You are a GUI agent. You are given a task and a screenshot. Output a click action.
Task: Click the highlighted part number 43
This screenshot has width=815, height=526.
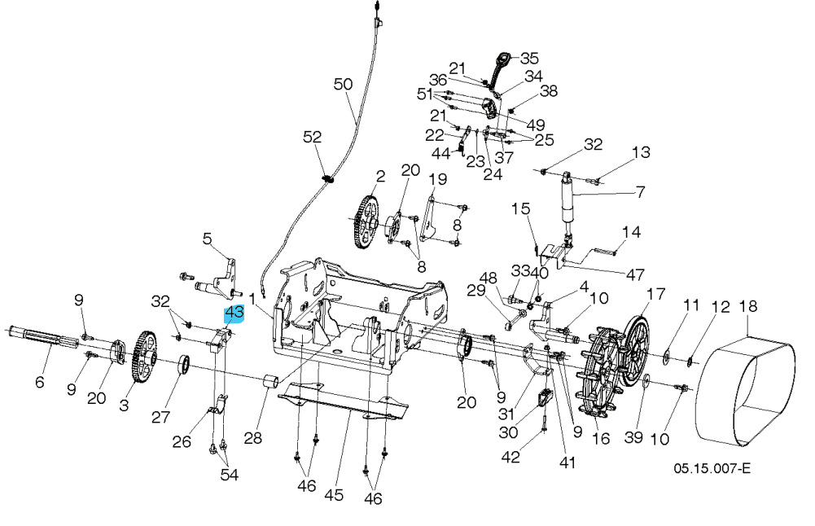234,313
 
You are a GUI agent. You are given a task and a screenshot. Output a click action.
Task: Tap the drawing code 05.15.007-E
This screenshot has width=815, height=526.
712,470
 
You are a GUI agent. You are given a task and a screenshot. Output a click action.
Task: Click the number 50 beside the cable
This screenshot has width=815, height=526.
344,84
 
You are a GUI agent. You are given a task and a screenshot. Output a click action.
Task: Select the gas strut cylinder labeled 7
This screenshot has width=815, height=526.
566,201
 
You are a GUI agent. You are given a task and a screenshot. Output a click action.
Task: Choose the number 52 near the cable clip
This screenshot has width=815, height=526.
313,138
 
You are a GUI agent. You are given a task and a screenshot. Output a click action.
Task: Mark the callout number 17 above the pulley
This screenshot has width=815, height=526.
656,293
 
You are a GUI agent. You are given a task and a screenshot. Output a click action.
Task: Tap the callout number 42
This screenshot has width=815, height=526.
510,457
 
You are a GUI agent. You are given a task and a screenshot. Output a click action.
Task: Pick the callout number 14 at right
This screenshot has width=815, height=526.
632,233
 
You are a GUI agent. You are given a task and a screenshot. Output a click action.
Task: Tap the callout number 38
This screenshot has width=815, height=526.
549,92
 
